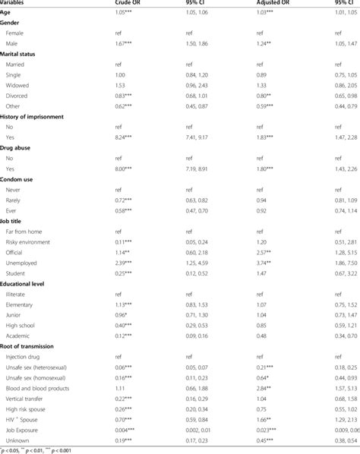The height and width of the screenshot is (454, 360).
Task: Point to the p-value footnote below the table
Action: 38,449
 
